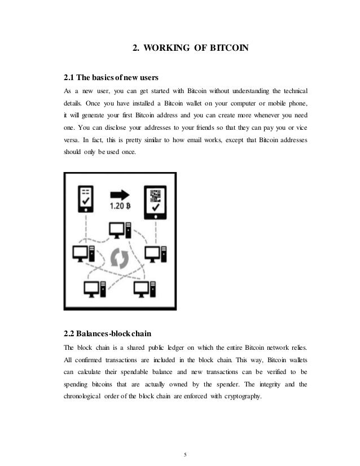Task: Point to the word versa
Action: tap(72, 140)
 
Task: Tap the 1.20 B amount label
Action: tap(120, 206)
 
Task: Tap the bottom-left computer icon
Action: tap(93, 289)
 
